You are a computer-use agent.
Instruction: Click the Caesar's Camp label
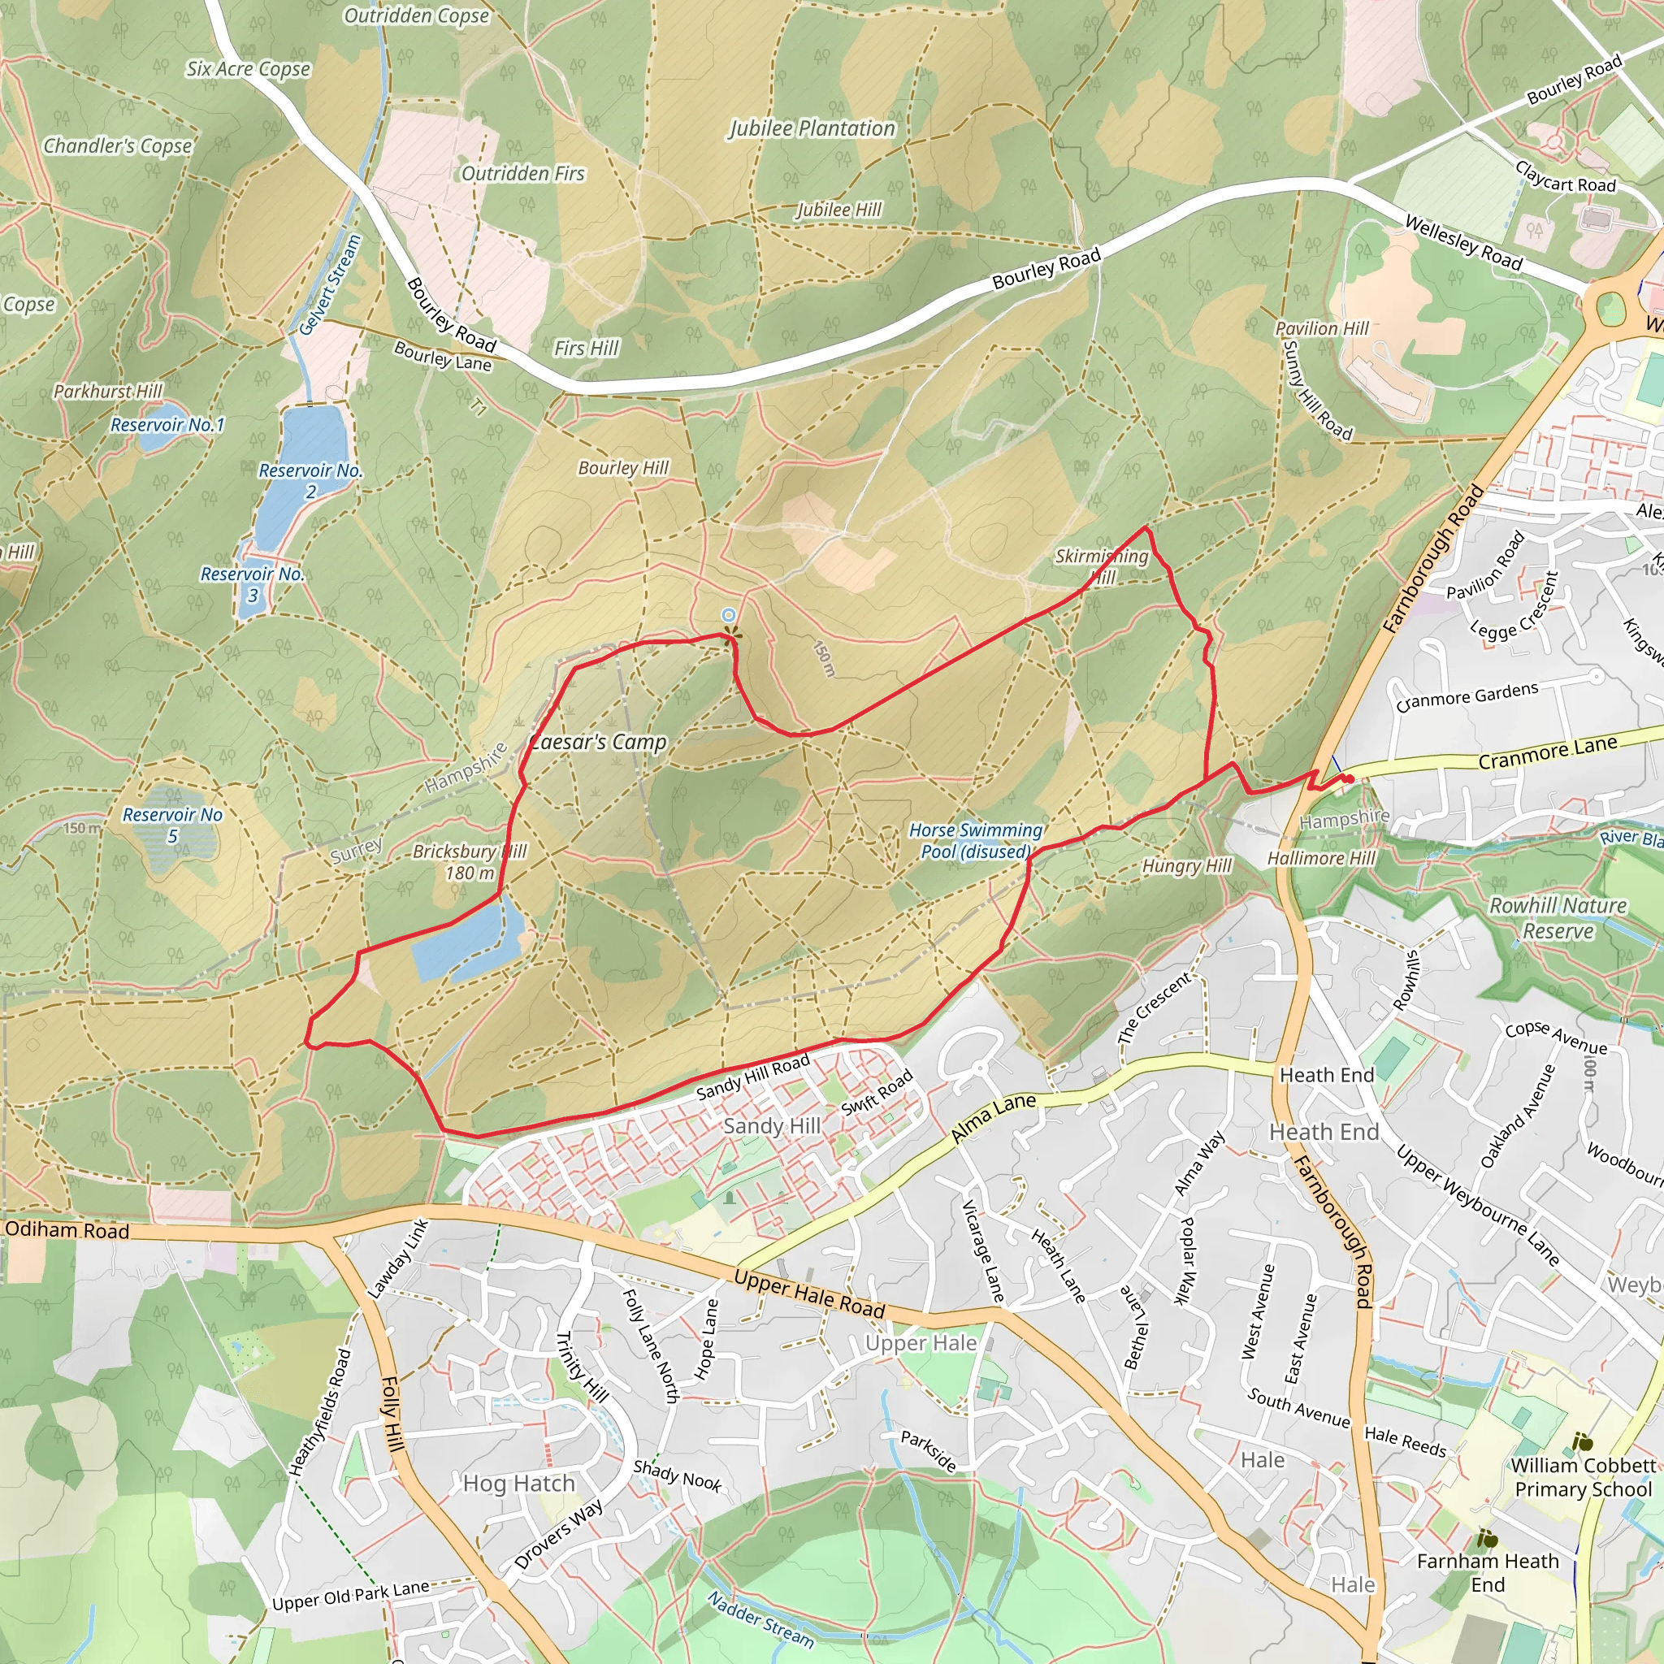click(x=597, y=742)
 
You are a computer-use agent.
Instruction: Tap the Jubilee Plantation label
click(x=812, y=129)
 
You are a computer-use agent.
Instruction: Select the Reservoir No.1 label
click(x=167, y=425)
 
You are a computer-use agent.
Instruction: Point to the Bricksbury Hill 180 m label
click(x=470, y=862)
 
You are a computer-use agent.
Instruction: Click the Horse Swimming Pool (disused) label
click(x=975, y=841)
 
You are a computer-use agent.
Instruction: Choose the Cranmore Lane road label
click(x=1547, y=752)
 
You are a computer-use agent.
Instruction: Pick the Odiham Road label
click(x=67, y=1230)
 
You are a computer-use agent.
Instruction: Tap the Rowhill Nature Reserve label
click(x=1558, y=918)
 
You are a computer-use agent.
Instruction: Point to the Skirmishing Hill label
click(x=1102, y=565)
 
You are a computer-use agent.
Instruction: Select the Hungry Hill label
click(x=1186, y=865)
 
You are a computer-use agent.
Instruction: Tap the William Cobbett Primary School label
click(x=1583, y=1477)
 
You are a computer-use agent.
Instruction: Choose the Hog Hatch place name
click(x=518, y=1483)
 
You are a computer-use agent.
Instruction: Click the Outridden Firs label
click(x=522, y=174)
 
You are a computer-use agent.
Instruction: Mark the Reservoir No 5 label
click(x=172, y=824)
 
